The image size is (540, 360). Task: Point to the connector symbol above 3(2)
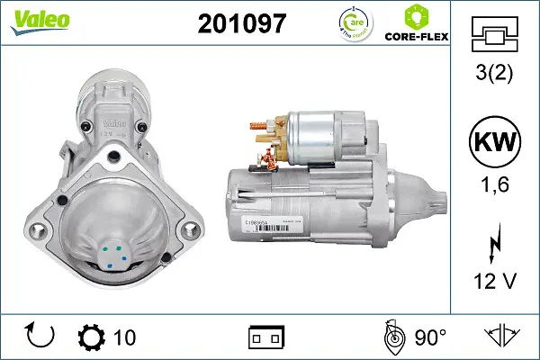click(x=494, y=37)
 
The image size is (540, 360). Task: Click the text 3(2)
click(x=495, y=76)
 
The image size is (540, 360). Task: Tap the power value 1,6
click(x=495, y=187)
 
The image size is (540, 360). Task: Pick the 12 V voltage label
click(x=495, y=281)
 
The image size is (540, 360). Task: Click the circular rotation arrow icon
click(x=40, y=336)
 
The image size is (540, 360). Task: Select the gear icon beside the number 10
click(x=91, y=337)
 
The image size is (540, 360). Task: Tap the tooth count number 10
click(x=124, y=337)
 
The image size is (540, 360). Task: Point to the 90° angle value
click(x=430, y=337)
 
